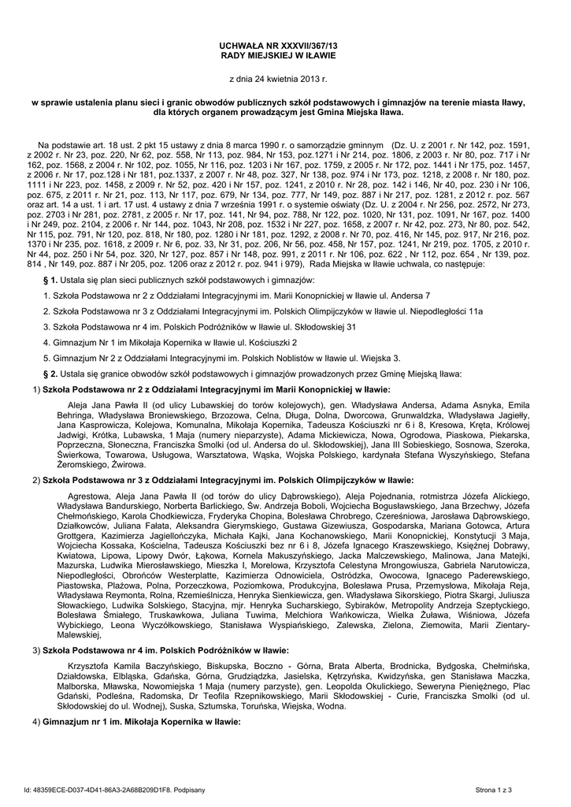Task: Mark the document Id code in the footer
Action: pos(103,789)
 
